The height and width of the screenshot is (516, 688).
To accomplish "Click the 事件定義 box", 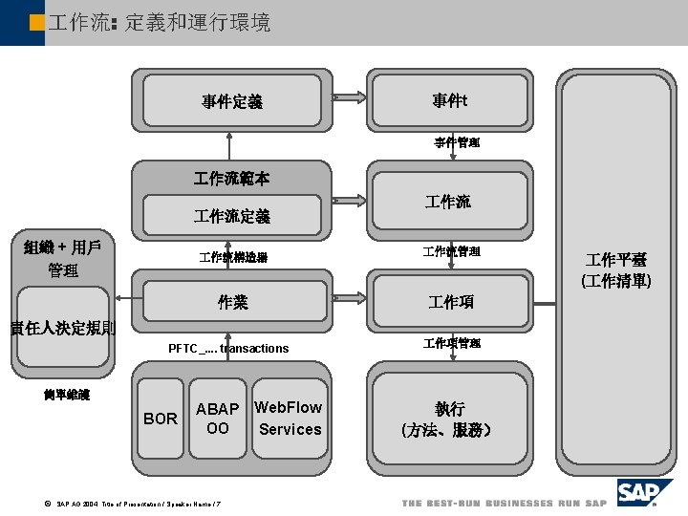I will coord(232,101).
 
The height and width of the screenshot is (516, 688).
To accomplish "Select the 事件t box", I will coord(449,100).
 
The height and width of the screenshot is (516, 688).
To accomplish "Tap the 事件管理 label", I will coord(457,142).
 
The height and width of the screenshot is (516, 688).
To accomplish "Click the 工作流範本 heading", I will coord(231,178).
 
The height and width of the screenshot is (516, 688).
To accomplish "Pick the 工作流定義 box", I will coord(232,217).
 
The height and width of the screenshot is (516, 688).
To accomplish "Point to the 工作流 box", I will coord(448,202).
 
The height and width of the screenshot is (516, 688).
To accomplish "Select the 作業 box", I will coord(232,302).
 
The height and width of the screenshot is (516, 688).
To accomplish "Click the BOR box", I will coord(160,419).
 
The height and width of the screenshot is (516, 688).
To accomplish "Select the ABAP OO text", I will coord(218,419).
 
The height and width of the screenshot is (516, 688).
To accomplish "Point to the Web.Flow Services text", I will coord(289,419).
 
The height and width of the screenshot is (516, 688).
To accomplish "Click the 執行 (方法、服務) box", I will coord(448,418).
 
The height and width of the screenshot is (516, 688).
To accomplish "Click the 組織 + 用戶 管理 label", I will coord(63,258).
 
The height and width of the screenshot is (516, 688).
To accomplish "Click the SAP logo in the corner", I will coord(640,494).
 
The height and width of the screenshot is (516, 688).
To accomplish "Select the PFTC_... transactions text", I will coord(228,349).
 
